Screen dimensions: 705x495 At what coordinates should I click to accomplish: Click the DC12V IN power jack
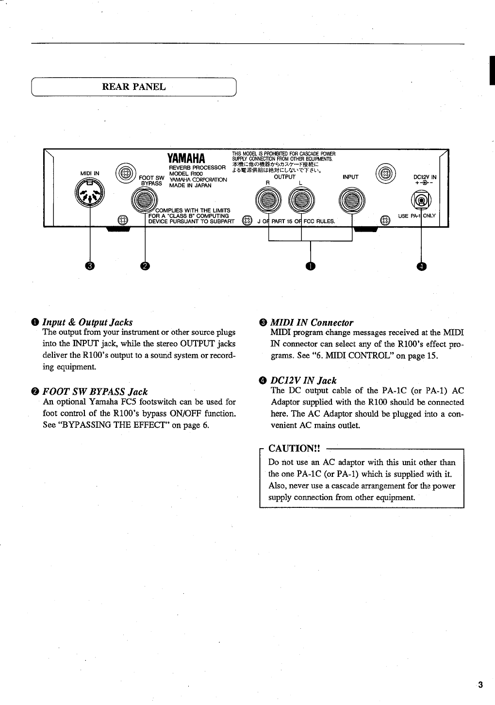click(421, 200)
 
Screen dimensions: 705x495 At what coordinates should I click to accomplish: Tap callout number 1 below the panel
click(311, 265)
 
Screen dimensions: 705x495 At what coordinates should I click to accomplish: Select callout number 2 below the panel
click(145, 265)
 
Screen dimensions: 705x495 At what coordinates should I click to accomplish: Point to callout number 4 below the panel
click(421, 265)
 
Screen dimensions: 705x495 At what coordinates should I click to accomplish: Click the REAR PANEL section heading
click(134, 87)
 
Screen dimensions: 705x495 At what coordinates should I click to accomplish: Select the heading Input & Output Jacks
click(87, 322)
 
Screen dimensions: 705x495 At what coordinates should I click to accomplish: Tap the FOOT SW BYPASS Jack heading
click(95, 391)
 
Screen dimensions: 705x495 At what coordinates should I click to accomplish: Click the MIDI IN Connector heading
click(311, 322)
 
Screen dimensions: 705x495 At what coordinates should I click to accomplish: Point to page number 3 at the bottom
click(480, 685)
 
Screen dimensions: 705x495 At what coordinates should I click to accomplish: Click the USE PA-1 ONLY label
click(417, 216)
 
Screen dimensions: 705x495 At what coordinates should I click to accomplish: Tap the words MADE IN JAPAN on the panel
click(190, 185)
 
